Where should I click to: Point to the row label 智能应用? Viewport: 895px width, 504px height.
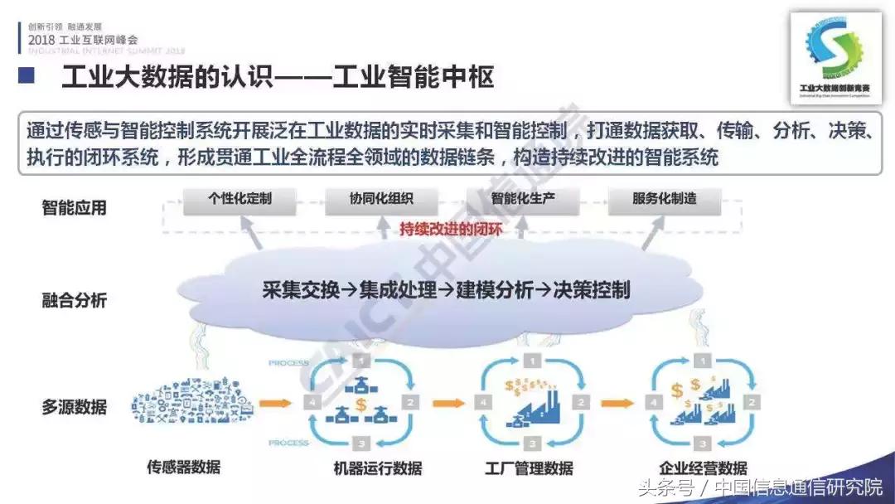pyautogui.click(x=75, y=207)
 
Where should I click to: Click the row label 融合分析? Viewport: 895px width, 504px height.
pyautogui.click(x=75, y=300)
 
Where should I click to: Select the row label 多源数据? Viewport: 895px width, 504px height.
pyautogui.click(x=75, y=407)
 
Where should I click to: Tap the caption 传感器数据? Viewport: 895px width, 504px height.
pyautogui.click(x=184, y=467)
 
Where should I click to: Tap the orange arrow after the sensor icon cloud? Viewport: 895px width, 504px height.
pyautogui.click(x=276, y=404)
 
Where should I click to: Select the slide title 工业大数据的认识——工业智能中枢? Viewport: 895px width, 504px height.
pyautogui.click(x=278, y=78)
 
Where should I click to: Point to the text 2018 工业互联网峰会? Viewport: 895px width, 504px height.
pyautogui.click(x=83, y=39)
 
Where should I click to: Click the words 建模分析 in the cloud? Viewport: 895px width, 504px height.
pyautogui.click(x=491, y=289)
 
